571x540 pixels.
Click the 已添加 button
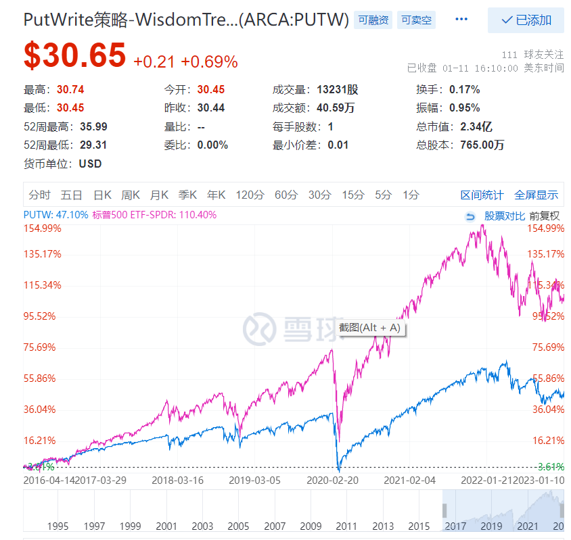[x=526, y=20]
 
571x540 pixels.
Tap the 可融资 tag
[x=373, y=20]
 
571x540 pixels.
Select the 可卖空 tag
[x=415, y=20]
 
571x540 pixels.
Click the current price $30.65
[x=74, y=55]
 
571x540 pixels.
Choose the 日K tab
[x=102, y=195]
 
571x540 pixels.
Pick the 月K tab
[x=159, y=195]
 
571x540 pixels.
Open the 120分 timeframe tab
[x=250, y=195]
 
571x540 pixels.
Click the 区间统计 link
[x=482, y=195]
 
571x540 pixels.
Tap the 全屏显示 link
[x=536, y=195]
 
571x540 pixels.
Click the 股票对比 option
[x=504, y=216]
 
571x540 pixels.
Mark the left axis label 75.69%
[x=43, y=347]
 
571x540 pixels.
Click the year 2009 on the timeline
[x=311, y=525]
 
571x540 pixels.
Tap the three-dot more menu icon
[x=461, y=20]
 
